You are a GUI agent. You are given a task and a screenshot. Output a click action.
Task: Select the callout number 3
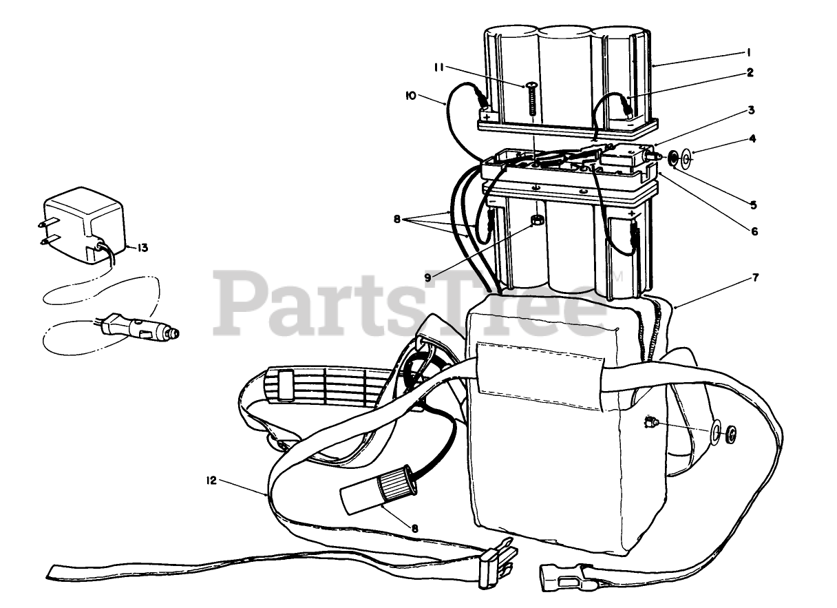(x=752, y=110)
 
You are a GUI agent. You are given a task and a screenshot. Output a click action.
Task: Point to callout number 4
(x=753, y=138)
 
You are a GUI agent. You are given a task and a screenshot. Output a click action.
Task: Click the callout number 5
(x=754, y=205)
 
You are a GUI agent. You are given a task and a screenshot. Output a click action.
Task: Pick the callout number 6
(x=754, y=232)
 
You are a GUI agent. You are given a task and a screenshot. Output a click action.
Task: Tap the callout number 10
(x=410, y=97)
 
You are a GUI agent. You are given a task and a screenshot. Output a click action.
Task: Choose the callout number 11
(x=439, y=67)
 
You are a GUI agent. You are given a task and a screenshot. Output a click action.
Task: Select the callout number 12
(x=211, y=481)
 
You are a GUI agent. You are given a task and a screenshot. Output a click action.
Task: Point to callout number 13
(x=142, y=248)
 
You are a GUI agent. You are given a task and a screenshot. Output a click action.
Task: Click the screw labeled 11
(x=532, y=98)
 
